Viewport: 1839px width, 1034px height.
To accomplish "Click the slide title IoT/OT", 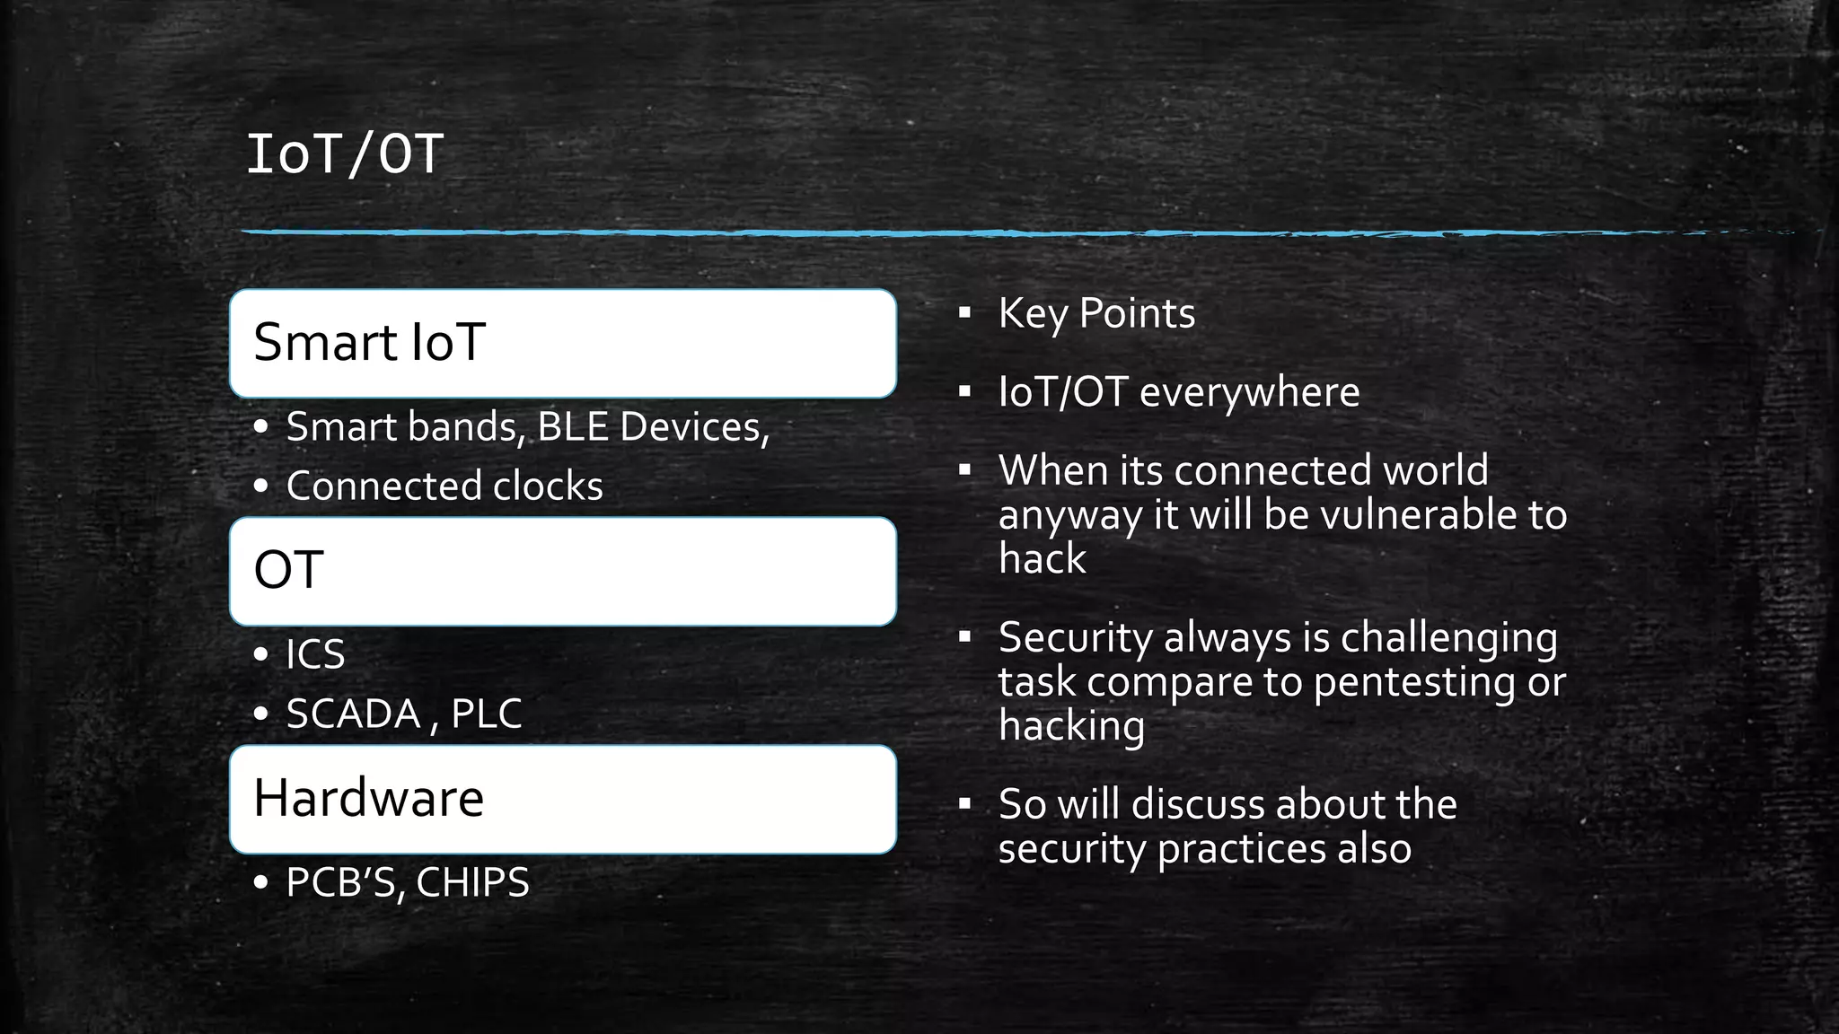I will coord(345,154).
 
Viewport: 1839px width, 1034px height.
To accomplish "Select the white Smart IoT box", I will coord(563,344).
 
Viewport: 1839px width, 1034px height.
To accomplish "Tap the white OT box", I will coord(563,572).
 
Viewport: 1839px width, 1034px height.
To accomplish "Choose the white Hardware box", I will coord(563,800).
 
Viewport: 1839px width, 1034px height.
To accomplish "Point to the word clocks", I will coord(548,486).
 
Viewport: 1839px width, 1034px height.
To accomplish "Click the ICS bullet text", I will coord(315,654).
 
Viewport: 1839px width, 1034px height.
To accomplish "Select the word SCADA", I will coord(353,714).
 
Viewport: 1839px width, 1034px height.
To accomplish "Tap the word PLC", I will coord(486,714).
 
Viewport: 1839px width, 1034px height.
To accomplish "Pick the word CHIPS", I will coord(472,882).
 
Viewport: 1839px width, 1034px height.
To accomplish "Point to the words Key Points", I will coord(1096,314).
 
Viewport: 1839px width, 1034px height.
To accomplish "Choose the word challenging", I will coord(1448,638).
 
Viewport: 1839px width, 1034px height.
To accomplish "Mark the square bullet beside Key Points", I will coord(965,313).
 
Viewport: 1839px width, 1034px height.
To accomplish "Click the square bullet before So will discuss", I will coord(965,804).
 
